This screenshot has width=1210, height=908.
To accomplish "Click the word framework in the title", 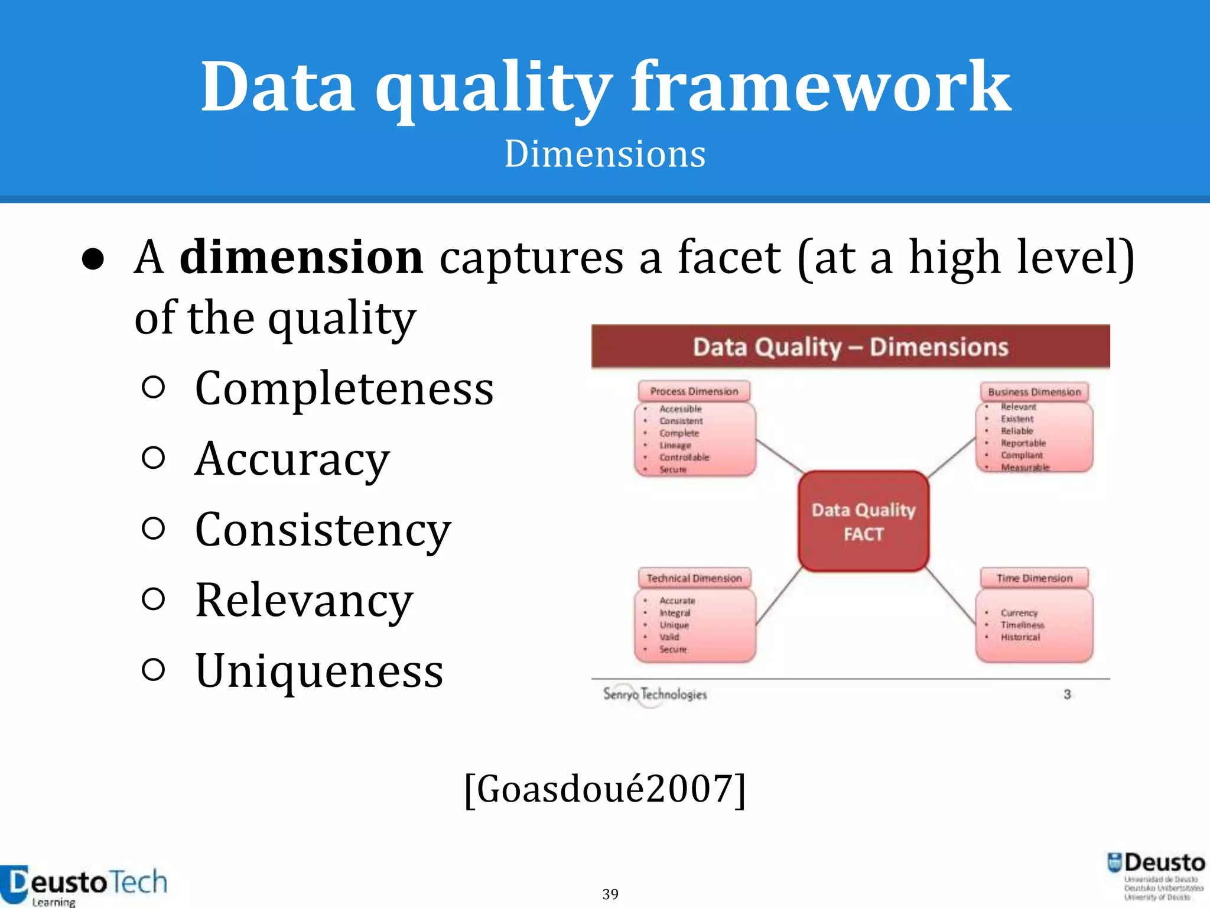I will (821, 87).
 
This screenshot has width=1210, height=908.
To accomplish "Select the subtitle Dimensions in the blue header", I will (604, 154).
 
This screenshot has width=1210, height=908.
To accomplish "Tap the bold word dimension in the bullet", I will (301, 258).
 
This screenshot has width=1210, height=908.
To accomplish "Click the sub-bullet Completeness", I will (344, 389).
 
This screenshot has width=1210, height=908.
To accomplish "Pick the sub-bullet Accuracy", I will (292, 459).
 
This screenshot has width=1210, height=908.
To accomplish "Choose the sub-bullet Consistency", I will (323, 530).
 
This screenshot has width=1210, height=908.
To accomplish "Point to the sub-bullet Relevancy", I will (304, 601).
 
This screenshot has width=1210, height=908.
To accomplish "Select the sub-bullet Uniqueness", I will (319, 671).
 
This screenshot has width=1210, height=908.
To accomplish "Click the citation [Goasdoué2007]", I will (604, 789).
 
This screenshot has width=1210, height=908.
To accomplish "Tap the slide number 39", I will (610, 894).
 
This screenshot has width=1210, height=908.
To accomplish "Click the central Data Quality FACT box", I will (863, 521).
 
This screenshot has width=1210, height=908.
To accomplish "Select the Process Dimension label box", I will (694, 391).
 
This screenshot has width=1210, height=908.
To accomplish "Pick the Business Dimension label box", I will (1034, 392).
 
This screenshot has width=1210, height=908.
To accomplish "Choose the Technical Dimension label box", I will (694, 578).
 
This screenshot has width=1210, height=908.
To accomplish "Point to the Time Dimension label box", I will (1034, 578).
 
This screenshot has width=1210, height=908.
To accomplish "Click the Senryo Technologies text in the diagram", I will (655, 694).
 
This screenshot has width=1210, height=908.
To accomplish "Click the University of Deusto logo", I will (1156, 876).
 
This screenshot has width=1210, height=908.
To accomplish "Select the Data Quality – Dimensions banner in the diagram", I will (850, 347).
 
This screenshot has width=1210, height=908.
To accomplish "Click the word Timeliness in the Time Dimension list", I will (1022, 625).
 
